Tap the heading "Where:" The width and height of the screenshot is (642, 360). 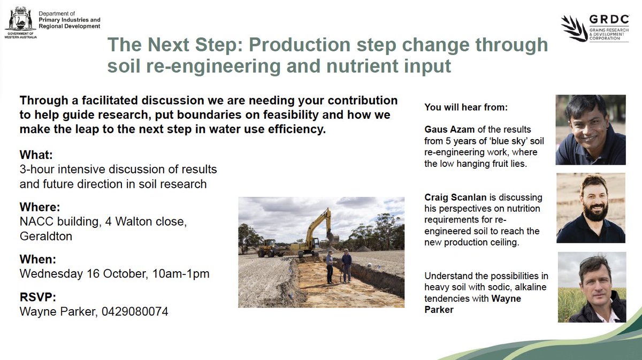(x=39, y=207)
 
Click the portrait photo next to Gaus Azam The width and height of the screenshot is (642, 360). (x=590, y=130)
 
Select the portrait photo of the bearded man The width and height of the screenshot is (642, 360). (x=591, y=208)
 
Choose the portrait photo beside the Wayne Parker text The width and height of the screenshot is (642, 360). (x=591, y=287)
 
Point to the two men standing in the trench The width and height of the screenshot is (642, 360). (x=339, y=266)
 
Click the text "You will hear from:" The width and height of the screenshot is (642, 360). (x=465, y=108)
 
